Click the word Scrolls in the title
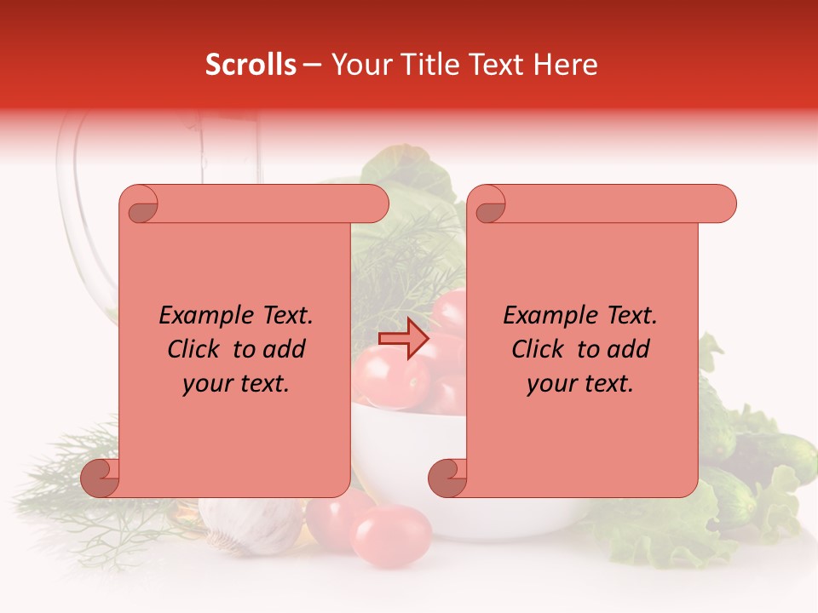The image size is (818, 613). tap(251, 65)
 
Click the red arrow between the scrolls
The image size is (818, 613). tap(404, 339)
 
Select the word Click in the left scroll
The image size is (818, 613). tap(196, 349)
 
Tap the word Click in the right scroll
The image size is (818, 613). tap(539, 349)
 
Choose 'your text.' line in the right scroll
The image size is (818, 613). tap(580, 383)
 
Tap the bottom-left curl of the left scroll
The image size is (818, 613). tap(101, 478)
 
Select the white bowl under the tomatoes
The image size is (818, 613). tap(400, 443)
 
